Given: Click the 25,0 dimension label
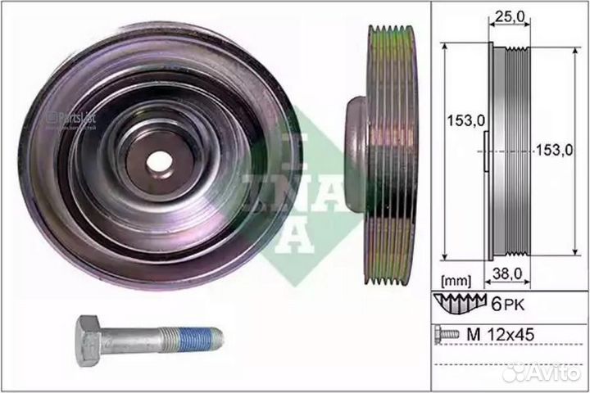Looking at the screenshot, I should coord(506,15).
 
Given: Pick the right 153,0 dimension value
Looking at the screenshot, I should coord(555,150).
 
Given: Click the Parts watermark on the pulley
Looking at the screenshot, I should coord(71,116).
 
